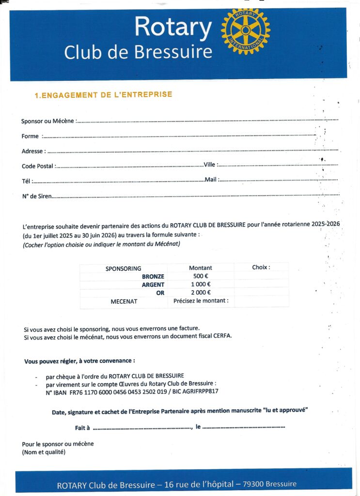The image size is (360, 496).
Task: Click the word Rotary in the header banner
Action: [172, 26]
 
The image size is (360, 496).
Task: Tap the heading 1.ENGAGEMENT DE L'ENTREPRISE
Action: [103, 95]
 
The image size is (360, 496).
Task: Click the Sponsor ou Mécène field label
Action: [48, 121]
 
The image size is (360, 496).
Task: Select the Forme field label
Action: [30, 137]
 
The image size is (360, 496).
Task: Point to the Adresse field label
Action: [33, 151]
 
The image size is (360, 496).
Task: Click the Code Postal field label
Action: [38, 166]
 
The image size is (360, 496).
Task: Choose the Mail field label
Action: [211, 180]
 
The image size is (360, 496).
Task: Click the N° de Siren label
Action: [37, 196]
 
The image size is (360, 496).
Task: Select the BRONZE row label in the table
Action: [153, 276]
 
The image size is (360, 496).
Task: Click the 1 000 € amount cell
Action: [201, 284]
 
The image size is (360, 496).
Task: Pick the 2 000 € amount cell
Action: [201, 293]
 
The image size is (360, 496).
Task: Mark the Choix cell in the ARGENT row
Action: [261, 284]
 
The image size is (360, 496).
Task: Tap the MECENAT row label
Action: [124, 301]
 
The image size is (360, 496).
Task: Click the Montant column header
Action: [201, 268]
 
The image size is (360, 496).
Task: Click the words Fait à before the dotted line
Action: [82, 428]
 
